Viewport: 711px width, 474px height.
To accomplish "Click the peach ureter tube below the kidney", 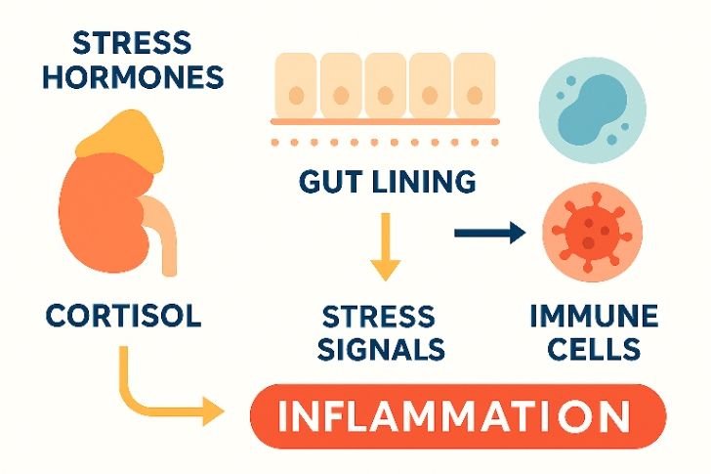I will click(168, 244).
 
